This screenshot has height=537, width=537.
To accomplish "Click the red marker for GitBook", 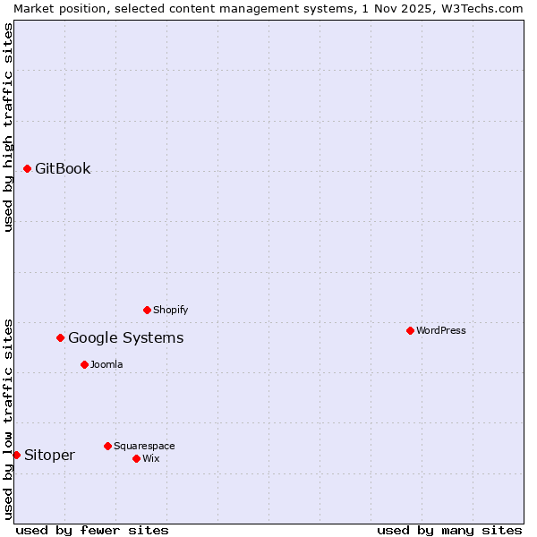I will pos(28,168).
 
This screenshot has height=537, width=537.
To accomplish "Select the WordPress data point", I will pos(411,330).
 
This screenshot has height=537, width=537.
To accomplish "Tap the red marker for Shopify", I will pos(148,310).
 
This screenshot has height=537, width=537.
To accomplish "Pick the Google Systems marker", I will pos(61,337).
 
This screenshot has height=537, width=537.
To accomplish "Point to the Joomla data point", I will pos(85,364).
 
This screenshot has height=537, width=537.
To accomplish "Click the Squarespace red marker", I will pos(108,446).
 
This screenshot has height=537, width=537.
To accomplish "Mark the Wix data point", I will pos(137,458).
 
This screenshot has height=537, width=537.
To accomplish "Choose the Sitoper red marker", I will pos(16,455).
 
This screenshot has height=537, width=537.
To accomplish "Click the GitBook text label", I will pos(63,168).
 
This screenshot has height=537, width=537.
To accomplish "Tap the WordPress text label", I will pos(441,330).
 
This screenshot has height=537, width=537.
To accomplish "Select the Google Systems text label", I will pos(126,337).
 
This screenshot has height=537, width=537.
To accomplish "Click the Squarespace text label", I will pos(144,446).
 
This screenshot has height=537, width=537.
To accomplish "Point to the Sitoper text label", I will pos(49,455).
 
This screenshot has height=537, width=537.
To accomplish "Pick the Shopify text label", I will pos(170,310).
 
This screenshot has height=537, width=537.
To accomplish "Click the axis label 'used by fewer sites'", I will pos(92,530).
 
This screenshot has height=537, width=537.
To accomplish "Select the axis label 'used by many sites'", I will pos(449,530).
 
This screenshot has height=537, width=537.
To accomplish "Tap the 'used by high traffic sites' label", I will pos(8,127).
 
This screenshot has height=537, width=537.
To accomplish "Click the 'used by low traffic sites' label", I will pos(8,419).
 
